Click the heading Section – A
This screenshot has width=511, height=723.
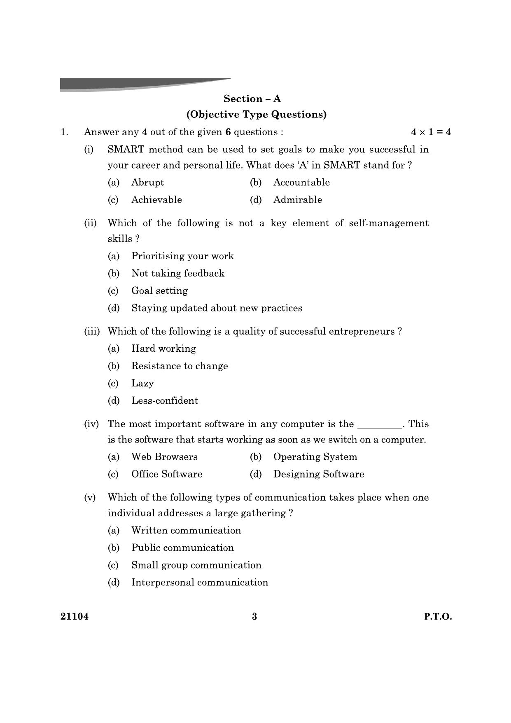pyautogui.click(x=252, y=99)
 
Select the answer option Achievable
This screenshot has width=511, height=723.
pyautogui.click(x=156, y=200)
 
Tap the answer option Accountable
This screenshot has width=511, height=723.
pyautogui.click(x=301, y=183)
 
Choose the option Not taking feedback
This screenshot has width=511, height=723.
pyautogui.click(x=178, y=274)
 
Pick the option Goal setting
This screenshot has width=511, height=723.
pyautogui.click(x=159, y=291)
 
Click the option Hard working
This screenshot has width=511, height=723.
pyautogui.click(x=163, y=349)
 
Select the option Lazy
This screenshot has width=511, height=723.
pyautogui.click(x=142, y=384)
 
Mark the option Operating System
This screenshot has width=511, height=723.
pyautogui.click(x=315, y=457)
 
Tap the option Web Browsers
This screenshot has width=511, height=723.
pyautogui.click(x=164, y=457)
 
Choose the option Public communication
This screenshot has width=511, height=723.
pyautogui.click(x=182, y=548)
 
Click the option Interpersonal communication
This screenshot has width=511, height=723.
pyautogui.click(x=200, y=583)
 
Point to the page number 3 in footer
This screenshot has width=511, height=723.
pyautogui.click(x=254, y=617)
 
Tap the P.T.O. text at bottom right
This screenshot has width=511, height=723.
pyautogui.click(x=438, y=617)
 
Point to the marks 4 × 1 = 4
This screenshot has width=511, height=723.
pyautogui.click(x=431, y=132)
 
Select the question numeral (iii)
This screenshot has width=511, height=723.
pyautogui.click(x=92, y=332)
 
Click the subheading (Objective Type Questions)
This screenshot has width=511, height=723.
pyautogui.click(x=256, y=115)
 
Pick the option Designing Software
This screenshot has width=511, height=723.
pyautogui.click(x=319, y=474)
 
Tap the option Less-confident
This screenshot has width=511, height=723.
pyautogui.click(x=165, y=401)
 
